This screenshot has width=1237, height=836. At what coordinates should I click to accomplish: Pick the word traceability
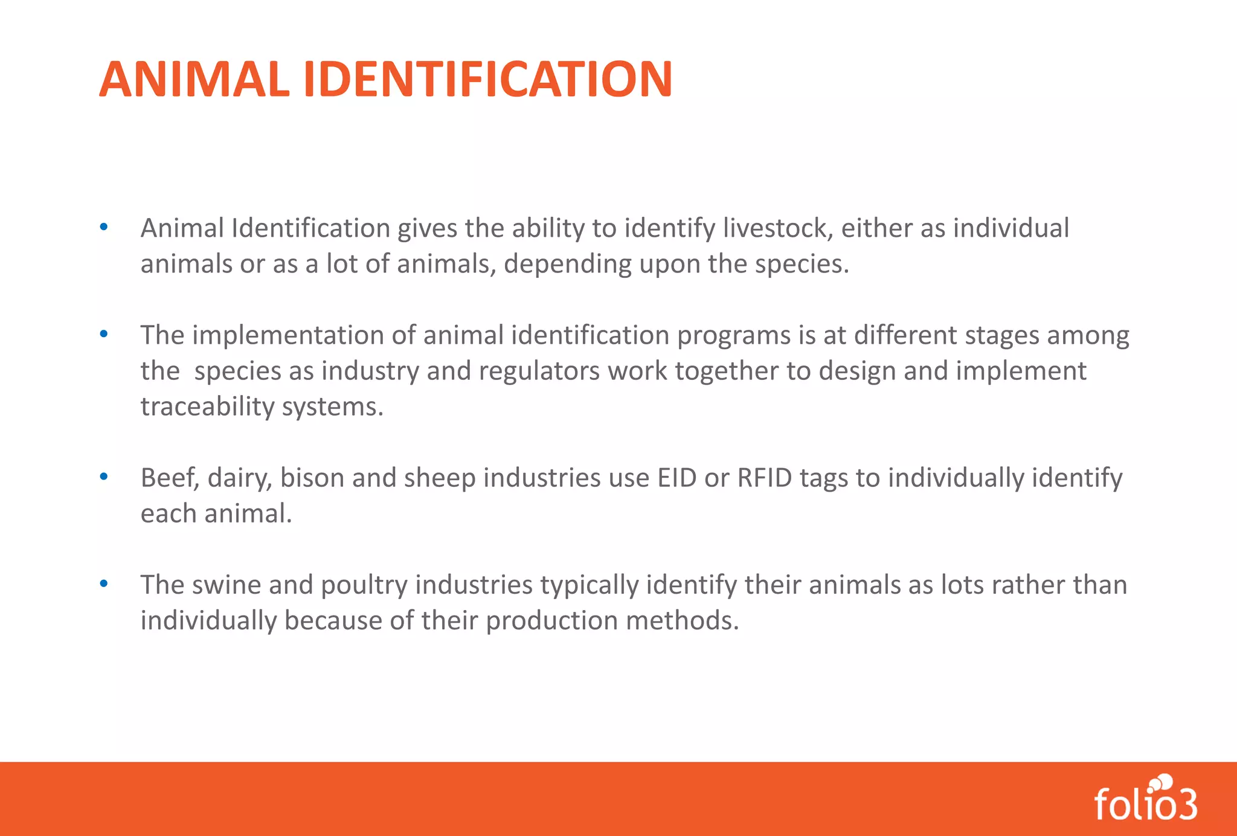click(x=207, y=407)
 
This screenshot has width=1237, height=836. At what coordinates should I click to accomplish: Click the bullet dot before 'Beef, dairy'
click(x=104, y=477)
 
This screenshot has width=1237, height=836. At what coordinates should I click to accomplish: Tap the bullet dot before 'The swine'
click(x=104, y=584)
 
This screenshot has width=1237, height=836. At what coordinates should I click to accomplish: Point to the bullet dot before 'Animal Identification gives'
click(x=104, y=228)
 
